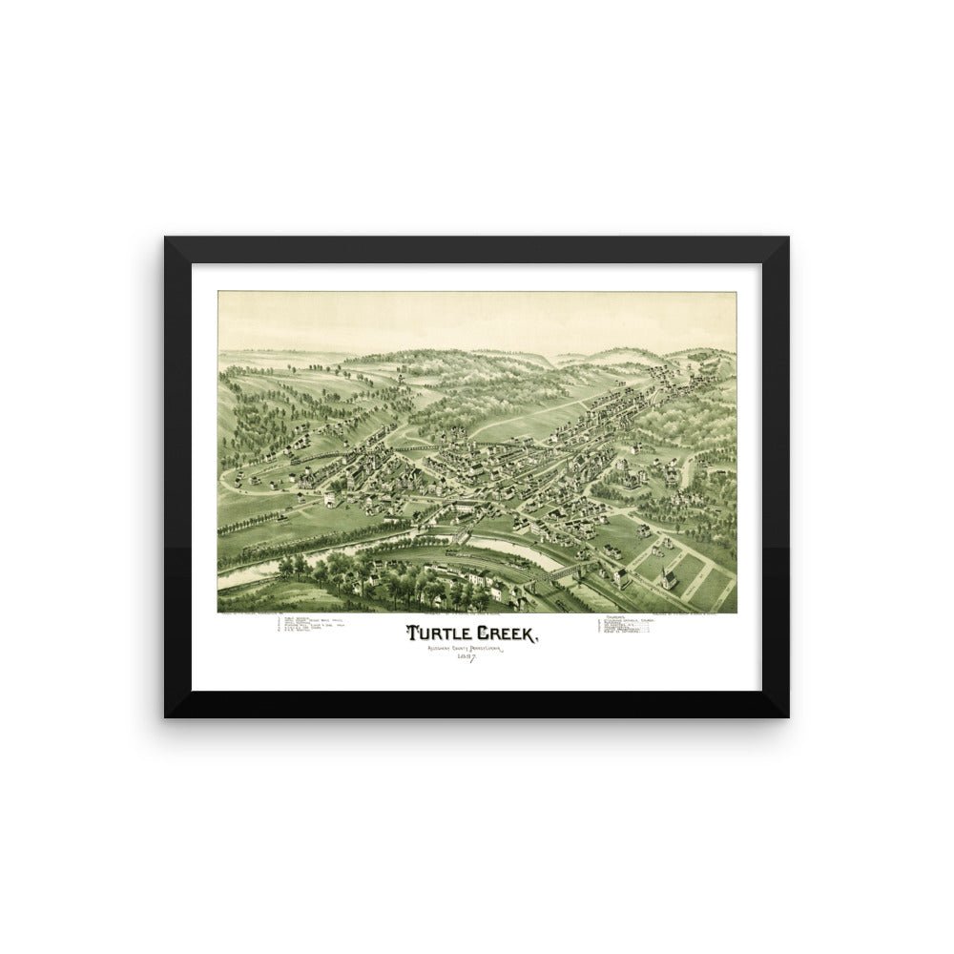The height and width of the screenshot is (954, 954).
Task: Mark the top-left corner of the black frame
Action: click(x=165, y=238)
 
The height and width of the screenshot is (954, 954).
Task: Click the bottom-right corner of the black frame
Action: click(x=788, y=716)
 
